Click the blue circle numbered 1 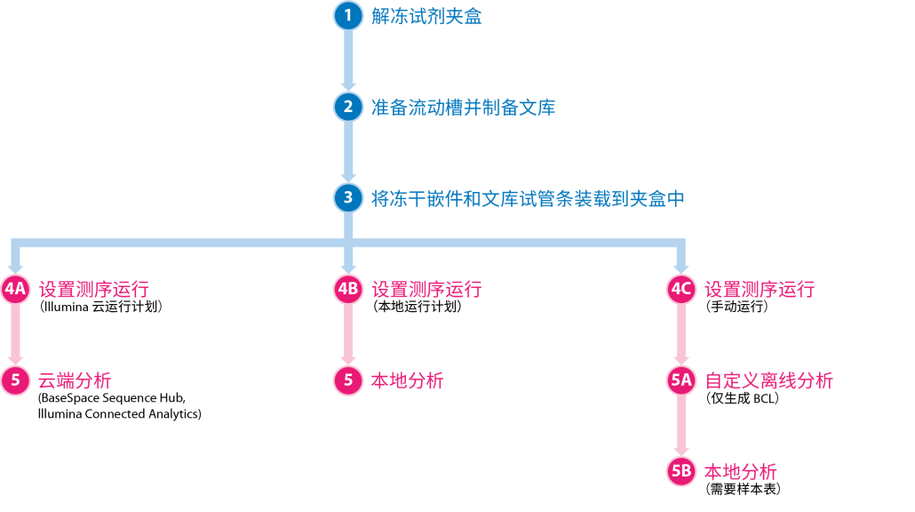[348, 16]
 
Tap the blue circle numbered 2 [348, 107]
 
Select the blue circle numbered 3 [348, 197]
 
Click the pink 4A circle [15, 290]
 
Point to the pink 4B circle [348, 290]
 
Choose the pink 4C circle [681, 290]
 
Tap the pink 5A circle [681, 381]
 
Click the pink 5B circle [681, 472]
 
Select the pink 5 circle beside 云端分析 [15, 381]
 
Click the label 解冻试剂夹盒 [426, 17]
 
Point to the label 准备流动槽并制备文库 [463, 108]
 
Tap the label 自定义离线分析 [768, 381]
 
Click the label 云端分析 [75, 381]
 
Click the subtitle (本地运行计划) [417, 308]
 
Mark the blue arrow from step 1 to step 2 [348, 60]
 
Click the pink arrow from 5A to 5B [681, 427]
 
